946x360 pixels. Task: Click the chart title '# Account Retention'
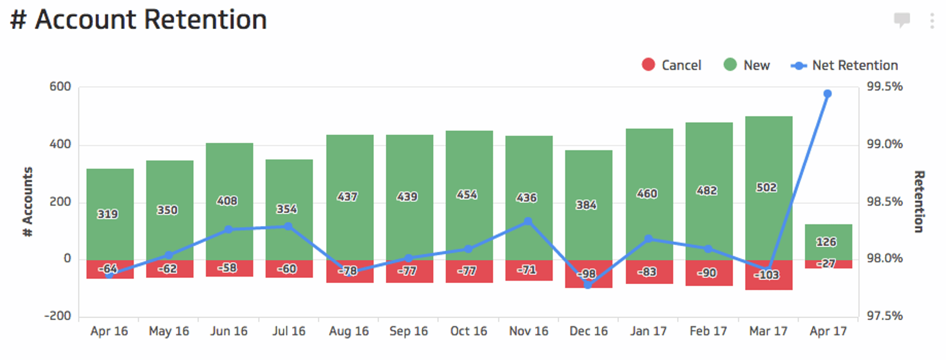(x=138, y=20)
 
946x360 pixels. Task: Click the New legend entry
(x=746, y=65)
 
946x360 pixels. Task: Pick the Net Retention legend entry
(x=845, y=65)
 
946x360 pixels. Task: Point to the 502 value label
(x=767, y=188)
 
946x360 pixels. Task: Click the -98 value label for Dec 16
(x=586, y=274)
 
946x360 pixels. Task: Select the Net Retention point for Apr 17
(x=828, y=94)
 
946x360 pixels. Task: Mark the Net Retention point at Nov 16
(x=528, y=222)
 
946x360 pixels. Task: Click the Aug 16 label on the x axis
(x=349, y=331)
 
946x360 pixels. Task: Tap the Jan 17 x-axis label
(x=648, y=331)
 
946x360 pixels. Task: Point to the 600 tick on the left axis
(x=60, y=87)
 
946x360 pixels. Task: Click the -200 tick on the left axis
(x=58, y=316)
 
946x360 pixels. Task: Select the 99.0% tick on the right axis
(x=884, y=144)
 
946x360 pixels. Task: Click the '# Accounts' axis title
(x=28, y=202)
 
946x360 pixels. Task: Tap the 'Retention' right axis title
(x=919, y=202)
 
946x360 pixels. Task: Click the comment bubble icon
(x=902, y=20)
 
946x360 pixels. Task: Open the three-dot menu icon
(x=932, y=21)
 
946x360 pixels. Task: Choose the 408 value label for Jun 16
(x=227, y=201)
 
